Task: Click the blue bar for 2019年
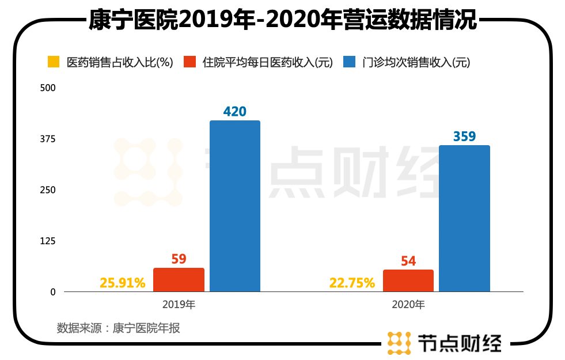[x=235, y=206]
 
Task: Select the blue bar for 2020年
[x=464, y=218]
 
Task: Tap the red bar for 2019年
[x=179, y=279]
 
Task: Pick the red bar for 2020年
[x=408, y=281]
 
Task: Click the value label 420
[x=235, y=111]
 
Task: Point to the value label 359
[x=464, y=137]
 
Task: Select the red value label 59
[x=179, y=259]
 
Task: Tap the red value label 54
[x=408, y=261]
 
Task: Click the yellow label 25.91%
[x=123, y=283]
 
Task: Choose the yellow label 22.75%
[x=352, y=283]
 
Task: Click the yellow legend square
[x=53, y=62]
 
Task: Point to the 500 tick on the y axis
[x=48, y=88]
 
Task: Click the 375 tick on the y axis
[x=48, y=139]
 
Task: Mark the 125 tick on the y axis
[x=48, y=241]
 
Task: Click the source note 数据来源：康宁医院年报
[x=118, y=328]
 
